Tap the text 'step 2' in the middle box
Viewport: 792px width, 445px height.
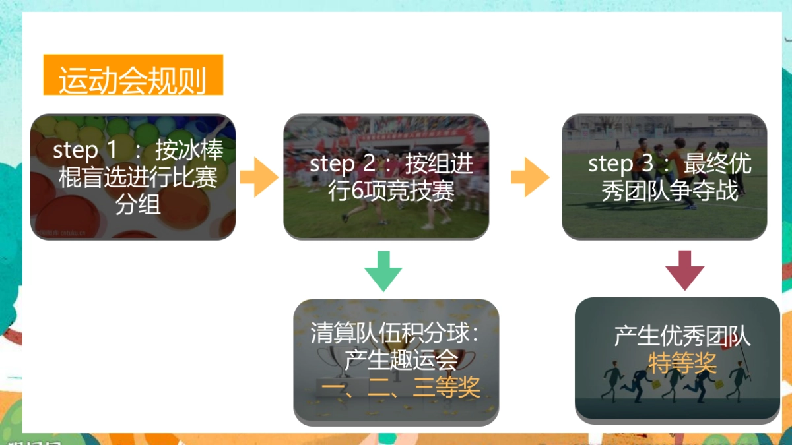pyautogui.click(x=341, y=163)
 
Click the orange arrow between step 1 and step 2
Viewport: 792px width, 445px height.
pyautogui.click(x=259, y=177)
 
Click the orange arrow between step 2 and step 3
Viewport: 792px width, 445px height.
pyautogui.click(x=530, y=177)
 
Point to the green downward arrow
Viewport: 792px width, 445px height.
pyautogui.click(x=383, y=270)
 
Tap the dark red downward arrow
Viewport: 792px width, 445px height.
pyautogui.click(x=684, y=270)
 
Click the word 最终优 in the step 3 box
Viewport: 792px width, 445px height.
pyautogui.click(x=717, y=163)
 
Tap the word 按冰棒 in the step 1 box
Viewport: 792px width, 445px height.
pyautogui.click(x=189, y=150)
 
